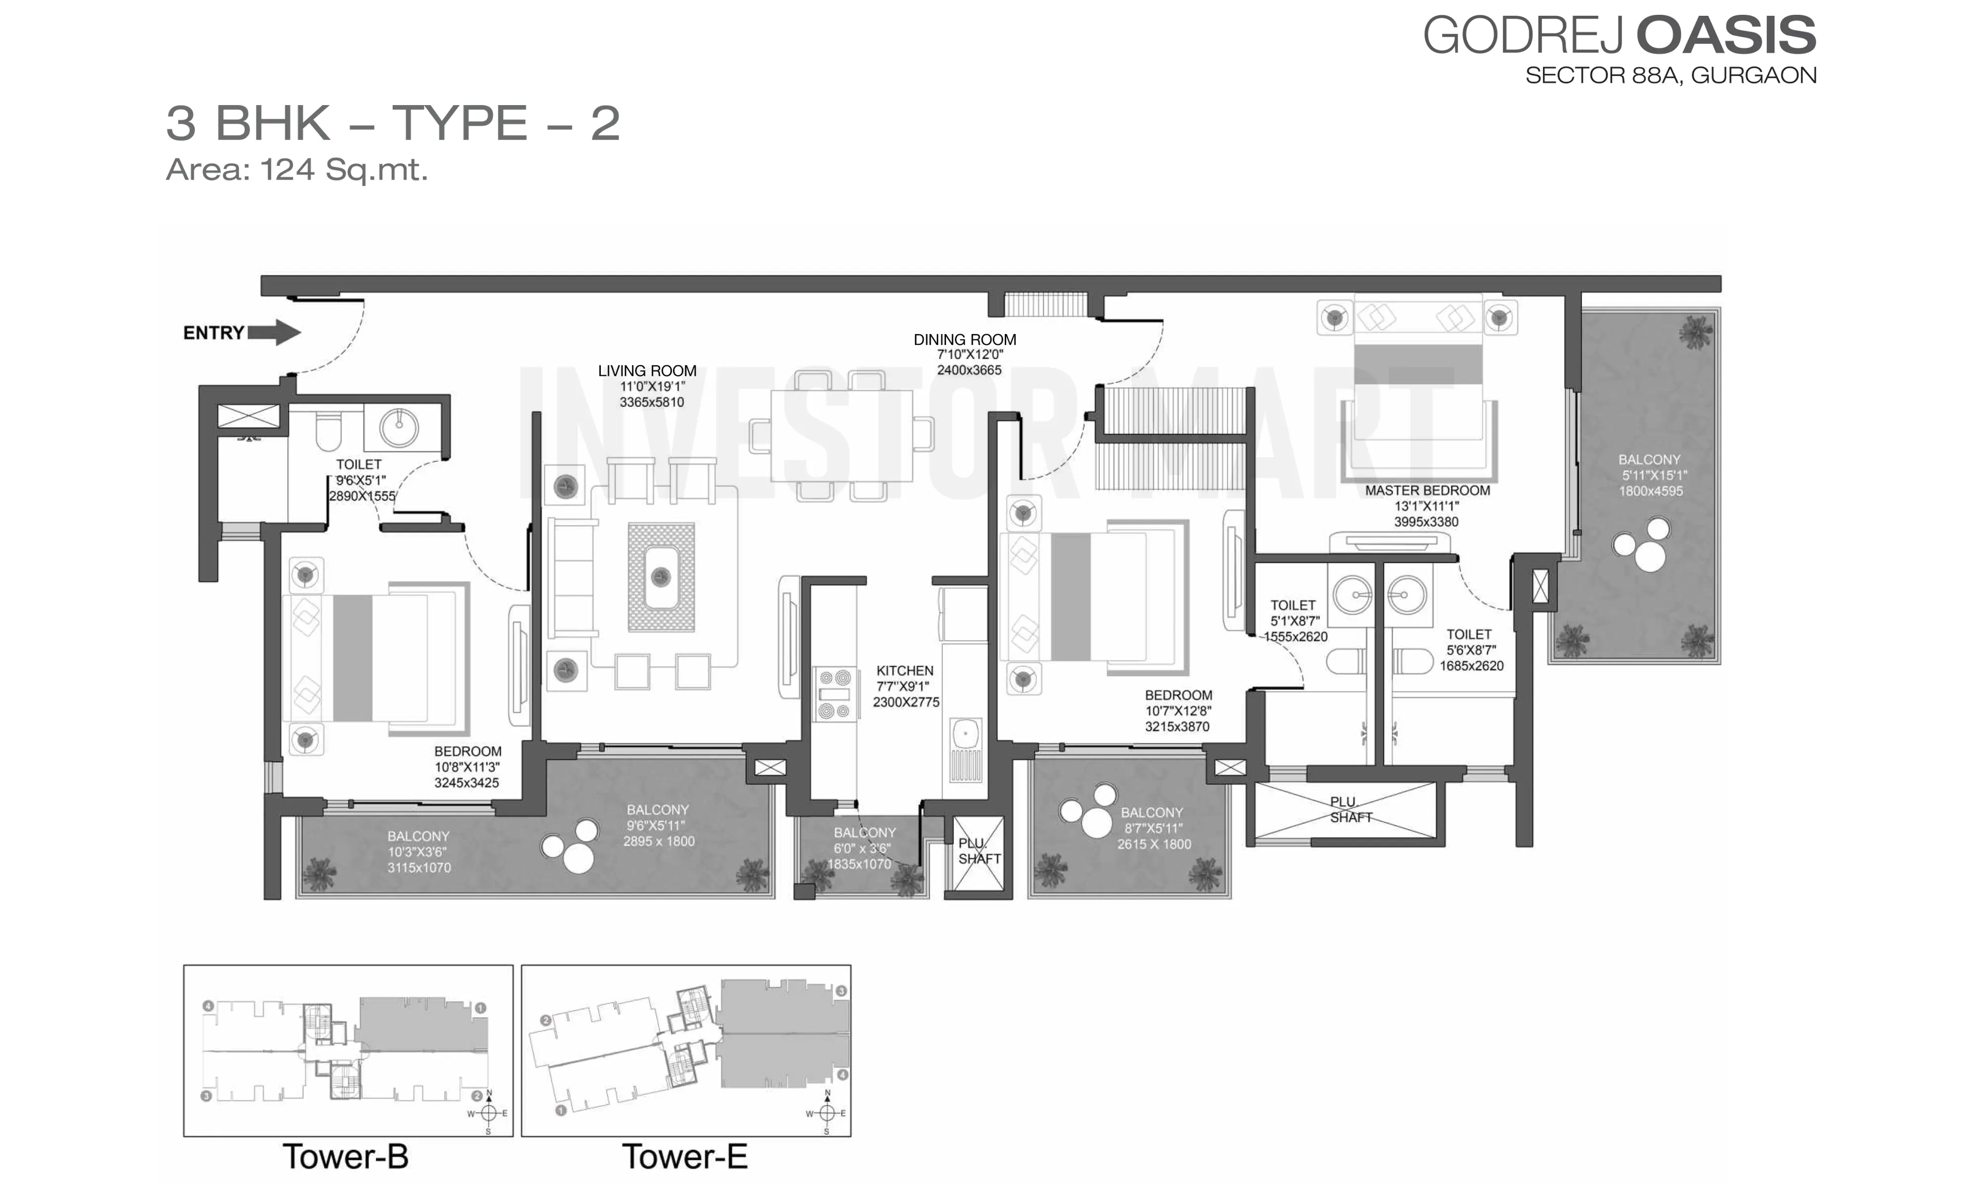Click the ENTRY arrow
tap(274, 332)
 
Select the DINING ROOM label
tap(965, 340)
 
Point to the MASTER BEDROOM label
tap(1427, 491)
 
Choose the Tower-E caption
tap(684, 1156)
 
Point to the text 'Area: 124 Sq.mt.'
tap(296, 170)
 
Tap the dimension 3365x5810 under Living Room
tap(652, 402)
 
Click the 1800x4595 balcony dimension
tap(1651, 491)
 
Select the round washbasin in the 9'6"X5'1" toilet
tap(399, 428)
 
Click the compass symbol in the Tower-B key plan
tap(488, 1112)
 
